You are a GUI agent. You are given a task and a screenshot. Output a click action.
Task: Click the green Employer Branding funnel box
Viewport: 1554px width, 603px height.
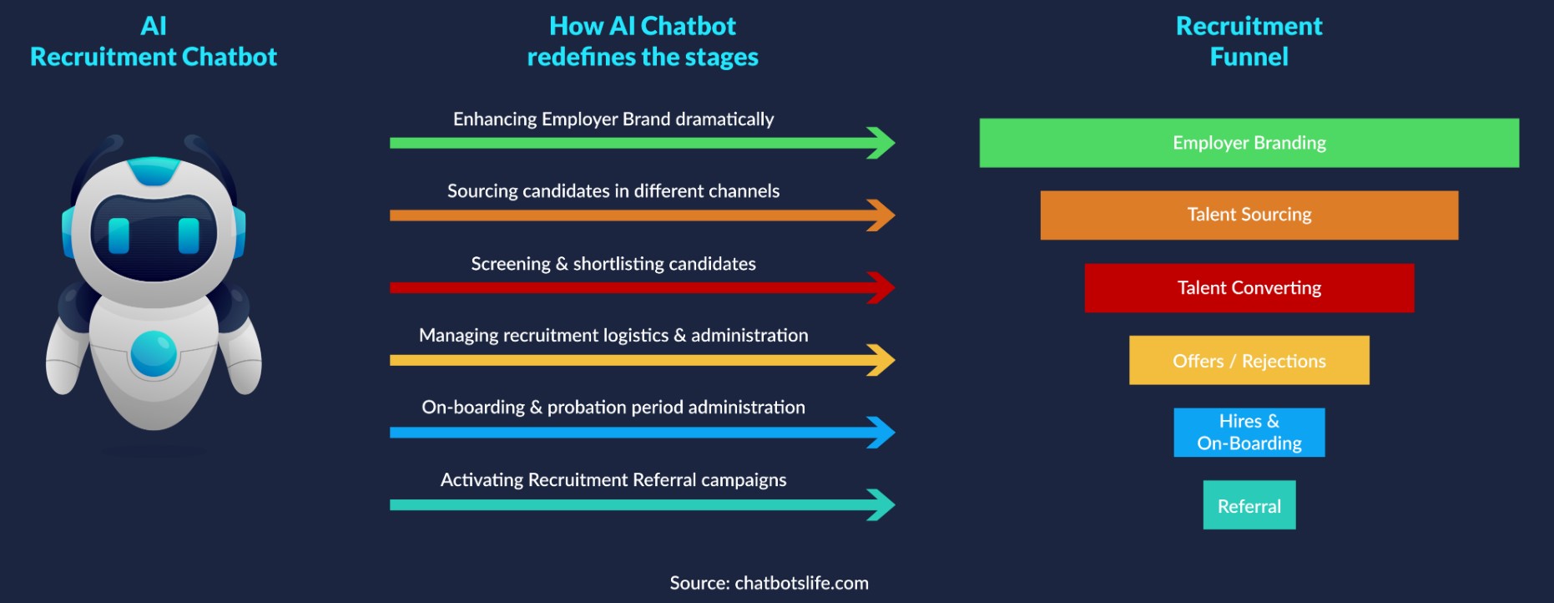[1249, 143]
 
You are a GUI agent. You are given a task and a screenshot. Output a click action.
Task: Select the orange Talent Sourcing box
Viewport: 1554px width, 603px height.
[1249, 215]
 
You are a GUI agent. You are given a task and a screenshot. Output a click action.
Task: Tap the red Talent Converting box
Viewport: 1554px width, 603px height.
[1249, 288]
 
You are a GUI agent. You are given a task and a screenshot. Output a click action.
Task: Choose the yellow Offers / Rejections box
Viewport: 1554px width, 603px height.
[1249, 361]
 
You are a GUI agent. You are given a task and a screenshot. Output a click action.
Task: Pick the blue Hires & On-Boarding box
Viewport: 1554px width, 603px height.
[1249, 433]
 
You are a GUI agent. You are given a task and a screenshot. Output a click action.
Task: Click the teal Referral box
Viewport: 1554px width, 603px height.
[1249, 505]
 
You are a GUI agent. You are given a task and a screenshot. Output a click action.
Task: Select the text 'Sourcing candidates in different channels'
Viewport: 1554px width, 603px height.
[613, 191]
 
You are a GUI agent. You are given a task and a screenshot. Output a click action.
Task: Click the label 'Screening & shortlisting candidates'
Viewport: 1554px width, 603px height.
[613, 264]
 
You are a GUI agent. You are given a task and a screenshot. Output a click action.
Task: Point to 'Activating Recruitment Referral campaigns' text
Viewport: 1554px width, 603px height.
[613, 480]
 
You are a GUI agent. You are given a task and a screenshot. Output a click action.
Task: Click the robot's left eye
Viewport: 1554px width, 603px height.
[119, 236]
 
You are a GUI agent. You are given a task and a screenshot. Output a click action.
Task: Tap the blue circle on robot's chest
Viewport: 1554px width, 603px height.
[154, 353]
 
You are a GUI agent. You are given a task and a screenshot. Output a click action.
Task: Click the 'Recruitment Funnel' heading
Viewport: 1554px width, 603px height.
[1249, 42]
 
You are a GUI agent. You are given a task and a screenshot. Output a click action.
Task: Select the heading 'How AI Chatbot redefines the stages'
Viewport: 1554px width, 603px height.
[643, 42]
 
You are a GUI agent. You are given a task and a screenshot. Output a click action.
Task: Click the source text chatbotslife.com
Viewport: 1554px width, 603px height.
[769, 583]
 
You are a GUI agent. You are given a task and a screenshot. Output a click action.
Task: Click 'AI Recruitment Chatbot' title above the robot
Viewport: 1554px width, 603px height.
[154, 42]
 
